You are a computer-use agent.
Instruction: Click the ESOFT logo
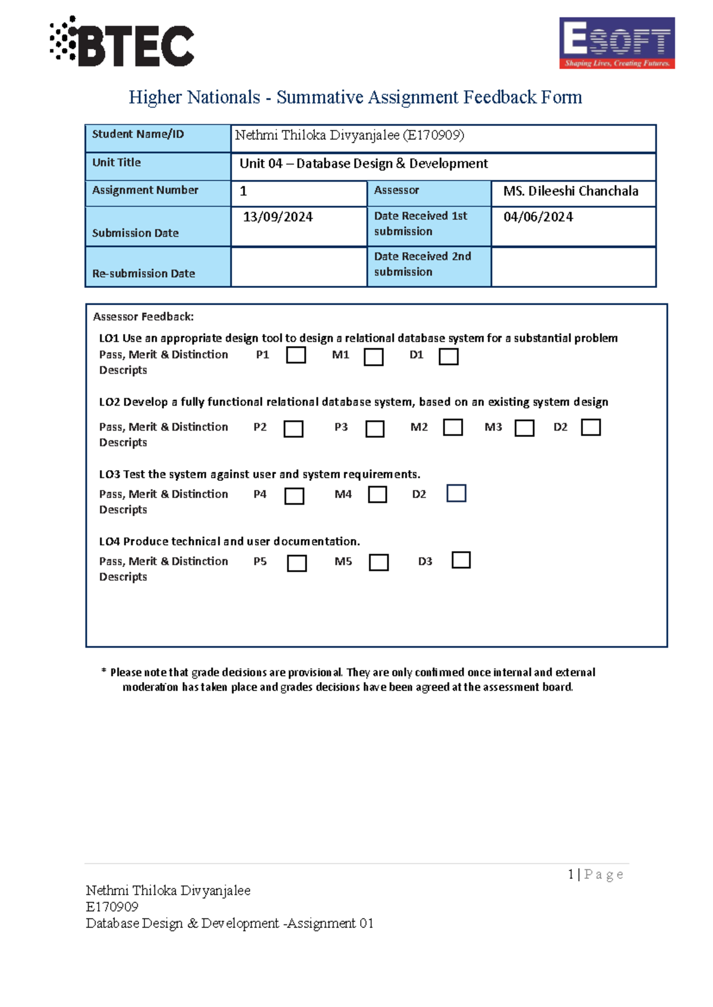point(617,43)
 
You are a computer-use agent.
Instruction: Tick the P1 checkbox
point(296,355)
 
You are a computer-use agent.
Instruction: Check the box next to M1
point(373,357)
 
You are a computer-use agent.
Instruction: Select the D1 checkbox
point(449,356)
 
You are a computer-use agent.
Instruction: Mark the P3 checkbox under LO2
point(374,429)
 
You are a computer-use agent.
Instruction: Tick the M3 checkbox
point(524,428)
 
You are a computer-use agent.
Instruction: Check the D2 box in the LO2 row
point(591,427)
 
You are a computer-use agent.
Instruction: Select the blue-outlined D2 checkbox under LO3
point(456,493)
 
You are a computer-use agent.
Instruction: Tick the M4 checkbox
point(377,495)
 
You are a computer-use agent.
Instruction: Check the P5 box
point(296,563)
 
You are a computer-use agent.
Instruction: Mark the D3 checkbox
point(461,560)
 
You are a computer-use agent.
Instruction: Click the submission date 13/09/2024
point(277,217)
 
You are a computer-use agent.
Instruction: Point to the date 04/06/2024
point(538,217)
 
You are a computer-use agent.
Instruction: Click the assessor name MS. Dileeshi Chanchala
point(570,191)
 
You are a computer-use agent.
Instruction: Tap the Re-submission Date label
point(143,274)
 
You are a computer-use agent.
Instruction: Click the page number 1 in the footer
point(571,874)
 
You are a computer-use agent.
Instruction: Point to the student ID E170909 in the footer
point(112,907)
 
